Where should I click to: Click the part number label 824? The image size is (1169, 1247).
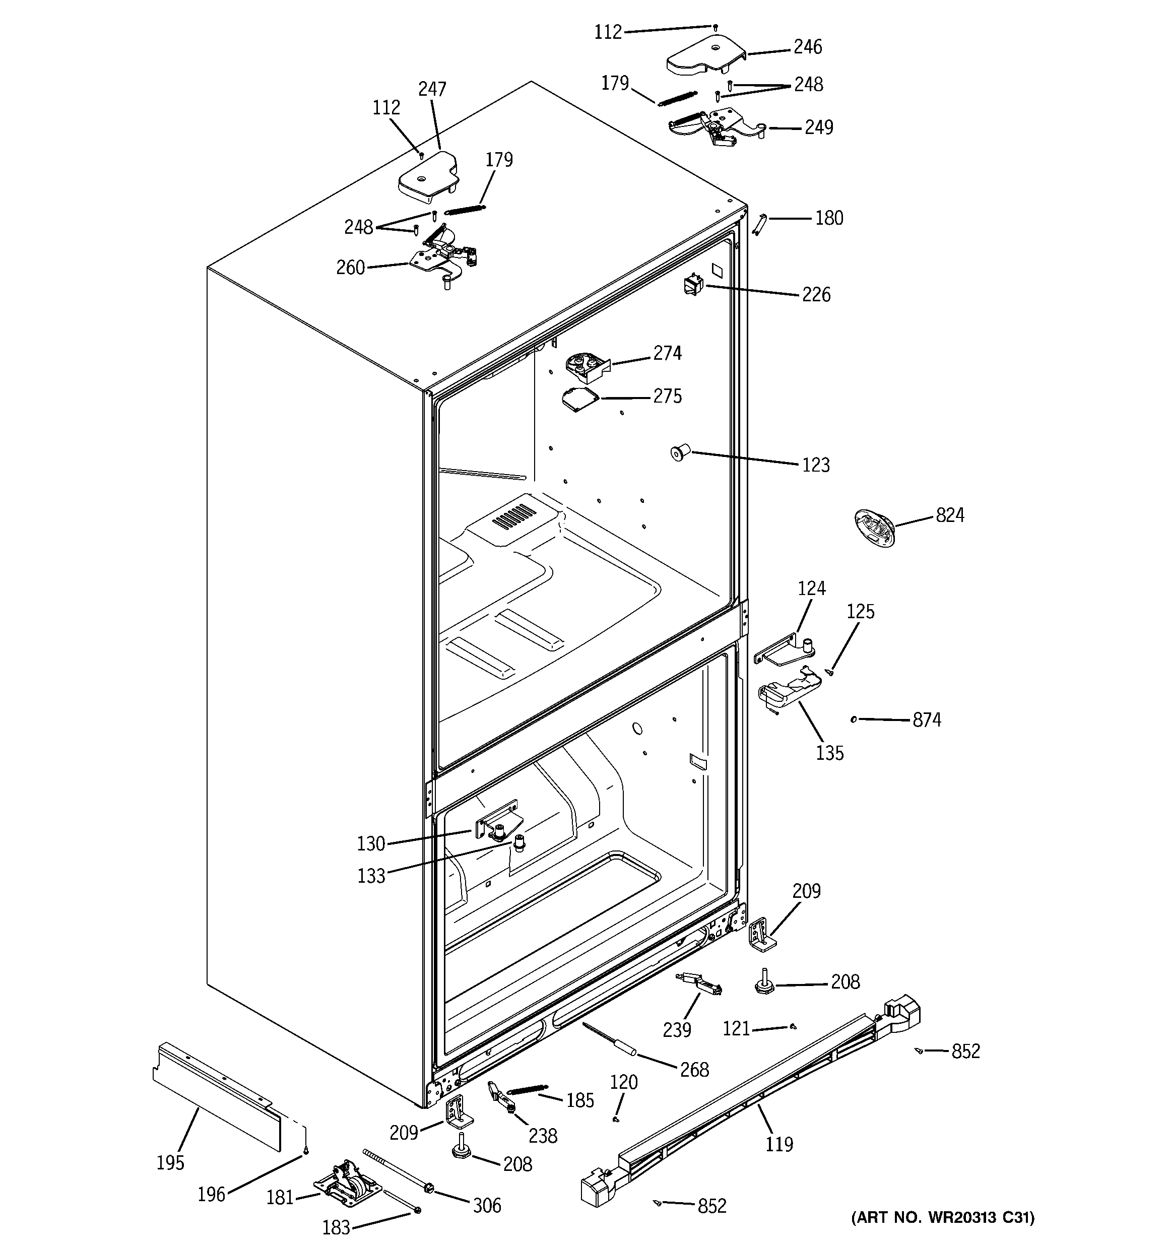click(949, 515)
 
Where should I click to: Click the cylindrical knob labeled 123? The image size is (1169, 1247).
click(680, 451)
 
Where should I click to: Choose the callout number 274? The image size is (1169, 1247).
click(667, 353)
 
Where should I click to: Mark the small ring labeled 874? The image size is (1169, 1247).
click(854, 719)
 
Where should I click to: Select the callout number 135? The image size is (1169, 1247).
click(829, 753)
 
